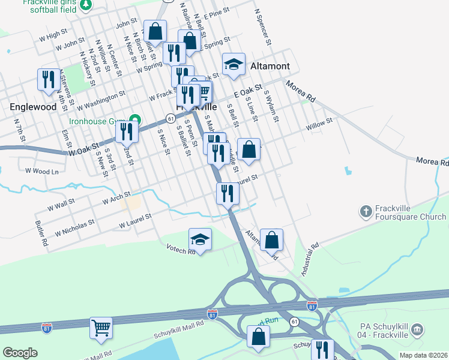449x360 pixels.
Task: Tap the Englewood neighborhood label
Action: (x=33, y=106)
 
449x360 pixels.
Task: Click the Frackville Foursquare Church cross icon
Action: (x=366, y=211)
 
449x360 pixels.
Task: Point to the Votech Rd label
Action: (x=181, y=249)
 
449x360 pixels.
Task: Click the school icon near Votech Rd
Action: (x=200, y=240)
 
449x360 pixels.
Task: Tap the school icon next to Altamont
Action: (x=234, y=65)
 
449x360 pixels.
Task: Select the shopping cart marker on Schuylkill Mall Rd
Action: (x=101, y=328)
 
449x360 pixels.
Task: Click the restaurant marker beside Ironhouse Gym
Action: (x=127, y=131)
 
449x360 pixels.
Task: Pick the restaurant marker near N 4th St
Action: (x=48, y=79)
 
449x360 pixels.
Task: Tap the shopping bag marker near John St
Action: (x=155, y=32)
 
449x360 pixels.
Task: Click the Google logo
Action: (x=20, y=353)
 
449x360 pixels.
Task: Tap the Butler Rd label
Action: (x=41, y=234)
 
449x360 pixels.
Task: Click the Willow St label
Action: (x=319, y=125)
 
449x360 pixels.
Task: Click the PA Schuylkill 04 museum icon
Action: (x=418, y=329)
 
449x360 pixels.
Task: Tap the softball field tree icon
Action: (x=86, y=4)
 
